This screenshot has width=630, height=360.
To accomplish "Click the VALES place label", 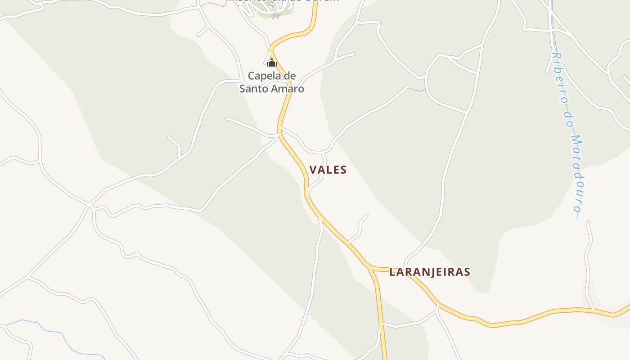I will (x=328, y=170).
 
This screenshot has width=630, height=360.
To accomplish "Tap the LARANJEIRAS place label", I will (x=430, y=272).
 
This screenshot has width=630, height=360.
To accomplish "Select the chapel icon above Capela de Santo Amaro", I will (x=271, y=62).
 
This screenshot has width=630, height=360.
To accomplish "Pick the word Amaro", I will (x=288, y=89).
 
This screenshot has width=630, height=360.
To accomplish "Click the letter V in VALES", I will (x=313, y=170).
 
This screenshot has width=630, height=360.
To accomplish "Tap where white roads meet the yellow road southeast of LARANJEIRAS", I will (x=438, y=306).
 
